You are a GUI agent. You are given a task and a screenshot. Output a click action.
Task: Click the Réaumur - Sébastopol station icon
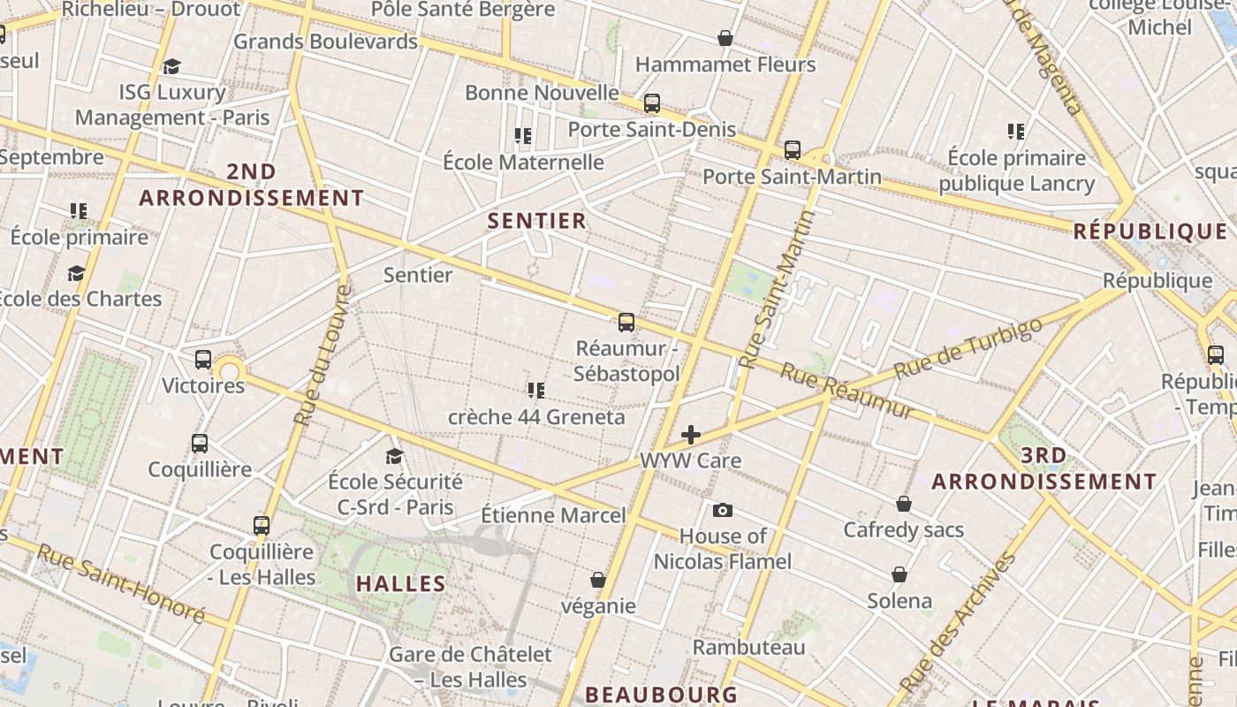click(626, 322)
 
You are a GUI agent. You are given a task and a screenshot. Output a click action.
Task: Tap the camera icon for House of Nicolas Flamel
click(722, 510)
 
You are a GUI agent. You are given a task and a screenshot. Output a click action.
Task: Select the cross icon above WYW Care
click(691, 434)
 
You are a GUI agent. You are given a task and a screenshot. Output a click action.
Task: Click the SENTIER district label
click(537, 221)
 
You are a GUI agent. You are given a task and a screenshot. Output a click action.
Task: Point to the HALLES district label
click(401, 583)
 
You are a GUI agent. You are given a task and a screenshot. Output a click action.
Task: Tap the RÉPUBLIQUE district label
click(1150, 232)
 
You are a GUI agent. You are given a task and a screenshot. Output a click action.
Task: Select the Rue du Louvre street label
click(323, 355)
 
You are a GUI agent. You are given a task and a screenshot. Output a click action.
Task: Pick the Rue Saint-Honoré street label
click(121, 584)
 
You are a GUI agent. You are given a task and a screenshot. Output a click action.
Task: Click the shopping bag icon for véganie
click(598, 580)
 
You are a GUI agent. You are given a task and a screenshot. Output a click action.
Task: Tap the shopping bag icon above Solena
click(899, 574)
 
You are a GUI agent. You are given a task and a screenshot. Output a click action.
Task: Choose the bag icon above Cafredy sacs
click(903, 504)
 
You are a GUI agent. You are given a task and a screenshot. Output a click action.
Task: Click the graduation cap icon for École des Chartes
click(76, 273)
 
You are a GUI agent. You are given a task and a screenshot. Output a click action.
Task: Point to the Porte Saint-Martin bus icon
click(793, 150)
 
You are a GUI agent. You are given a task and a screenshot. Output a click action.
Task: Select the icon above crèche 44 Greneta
click(535, 390)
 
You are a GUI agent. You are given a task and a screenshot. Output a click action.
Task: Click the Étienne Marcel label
click(553, 515)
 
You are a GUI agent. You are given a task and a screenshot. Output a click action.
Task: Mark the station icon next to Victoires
click(203, 360)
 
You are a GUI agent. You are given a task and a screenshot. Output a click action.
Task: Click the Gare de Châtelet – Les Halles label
click(471, 667)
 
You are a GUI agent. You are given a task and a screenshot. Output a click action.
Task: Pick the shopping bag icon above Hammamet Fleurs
click(725, 38)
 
